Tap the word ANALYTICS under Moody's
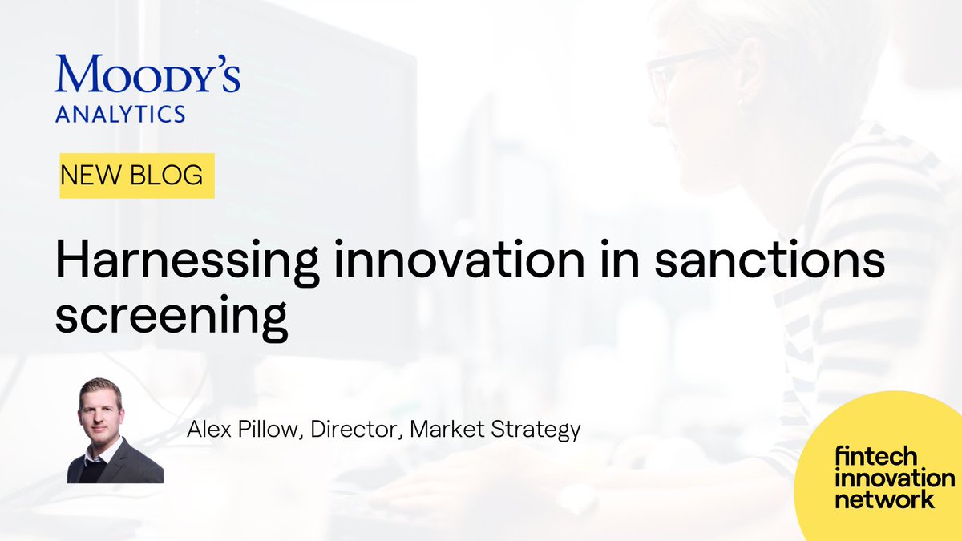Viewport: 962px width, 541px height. click(x=120, y=114)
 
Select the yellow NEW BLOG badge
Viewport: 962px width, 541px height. click(x=137, y=176)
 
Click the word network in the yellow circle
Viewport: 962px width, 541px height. click(x=884, y=499)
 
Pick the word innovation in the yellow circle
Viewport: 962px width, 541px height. click(x=895, y=479)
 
